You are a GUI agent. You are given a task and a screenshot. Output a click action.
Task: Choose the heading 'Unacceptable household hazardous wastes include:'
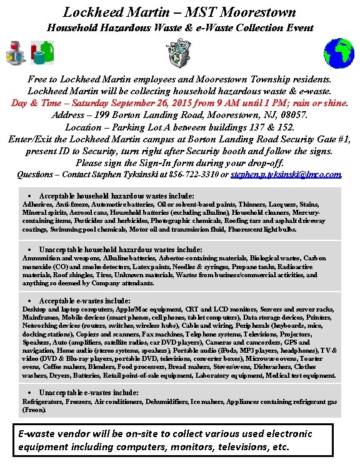(x=121, y=249)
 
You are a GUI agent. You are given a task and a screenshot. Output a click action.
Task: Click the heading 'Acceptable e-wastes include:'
(x=84, y=301)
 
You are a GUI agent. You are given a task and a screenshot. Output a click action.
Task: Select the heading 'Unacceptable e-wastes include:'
(x=89, y=393)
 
